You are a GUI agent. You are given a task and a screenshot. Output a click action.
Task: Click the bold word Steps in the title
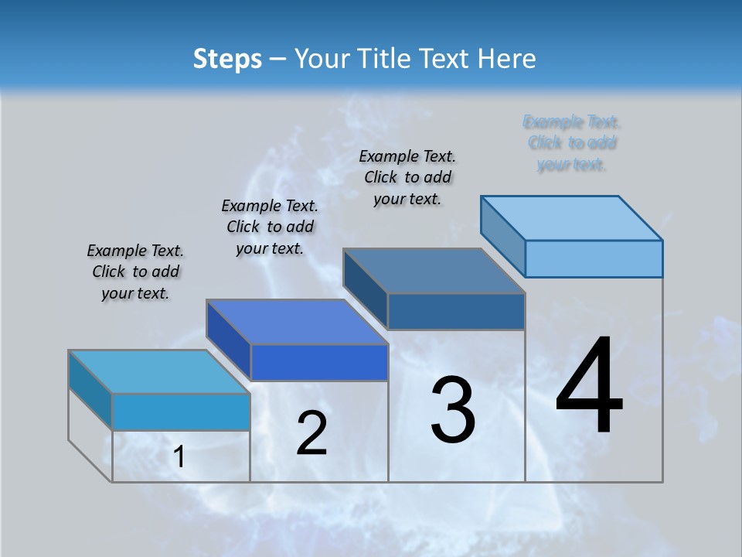pos(227,59)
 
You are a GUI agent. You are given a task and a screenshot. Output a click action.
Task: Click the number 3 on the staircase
pos(453,410)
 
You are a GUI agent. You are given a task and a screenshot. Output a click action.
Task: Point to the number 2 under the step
pos(311,433)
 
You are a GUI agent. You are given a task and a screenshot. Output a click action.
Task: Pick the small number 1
pos(179,457)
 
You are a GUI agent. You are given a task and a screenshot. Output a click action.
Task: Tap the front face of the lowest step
pos(181,412)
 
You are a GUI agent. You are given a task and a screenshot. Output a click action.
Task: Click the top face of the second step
pos(298,322)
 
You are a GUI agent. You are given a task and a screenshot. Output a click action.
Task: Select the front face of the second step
pos(319,362)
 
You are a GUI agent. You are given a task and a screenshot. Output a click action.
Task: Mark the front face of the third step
pos(456,311)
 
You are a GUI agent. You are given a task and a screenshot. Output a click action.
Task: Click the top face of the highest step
pos(572,217)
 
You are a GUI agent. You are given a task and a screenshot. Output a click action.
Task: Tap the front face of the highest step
pos(594,258)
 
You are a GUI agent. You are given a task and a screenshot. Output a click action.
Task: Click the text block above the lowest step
pos(135,272)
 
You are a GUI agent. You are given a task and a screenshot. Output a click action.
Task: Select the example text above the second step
pos(270,227)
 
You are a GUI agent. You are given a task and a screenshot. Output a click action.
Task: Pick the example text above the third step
pos(407,177)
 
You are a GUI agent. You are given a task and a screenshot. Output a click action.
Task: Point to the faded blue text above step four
pos(572,143)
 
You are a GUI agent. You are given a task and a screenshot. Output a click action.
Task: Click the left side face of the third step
pos(366,289)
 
